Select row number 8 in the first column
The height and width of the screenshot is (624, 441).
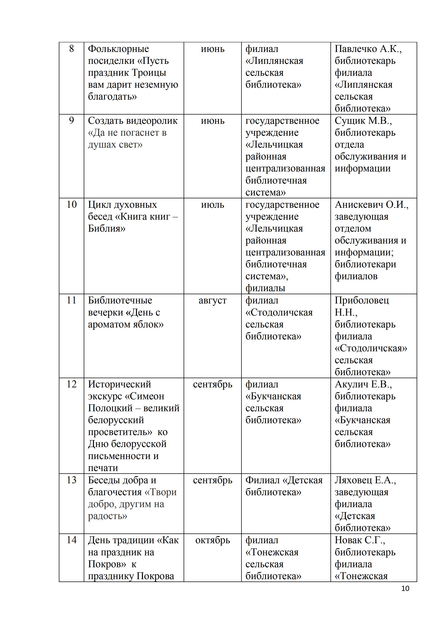tap(71, 49)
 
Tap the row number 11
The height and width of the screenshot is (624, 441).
tap(71, 300)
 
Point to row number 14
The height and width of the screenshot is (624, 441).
tap(71, 540)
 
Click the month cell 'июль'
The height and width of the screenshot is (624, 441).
tap(212, 205)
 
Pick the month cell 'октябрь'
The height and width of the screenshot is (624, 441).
tap(212, 540)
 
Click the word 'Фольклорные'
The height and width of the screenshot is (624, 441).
tap(118, 49)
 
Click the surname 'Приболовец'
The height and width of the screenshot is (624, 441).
tap(362, 300)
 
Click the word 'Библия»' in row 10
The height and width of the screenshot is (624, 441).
tap(107, 229)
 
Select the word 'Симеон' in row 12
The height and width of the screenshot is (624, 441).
tap(145, 396)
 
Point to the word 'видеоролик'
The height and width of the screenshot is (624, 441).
tap(152, 121)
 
